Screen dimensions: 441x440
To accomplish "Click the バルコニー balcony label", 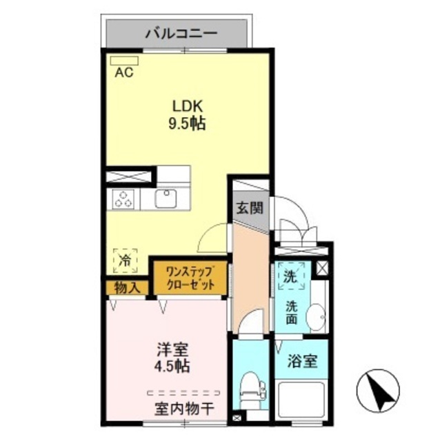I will [x=181, y=32].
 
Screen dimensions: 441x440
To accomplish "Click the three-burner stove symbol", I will [x=124, y=200].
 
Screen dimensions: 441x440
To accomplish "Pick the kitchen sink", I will [x=166, y=199].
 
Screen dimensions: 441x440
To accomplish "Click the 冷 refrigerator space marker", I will [x=125, y=260].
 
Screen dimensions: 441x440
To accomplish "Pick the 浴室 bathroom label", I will [x=303, y=360].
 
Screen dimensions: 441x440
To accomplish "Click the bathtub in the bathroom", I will [x=303, y=404].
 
